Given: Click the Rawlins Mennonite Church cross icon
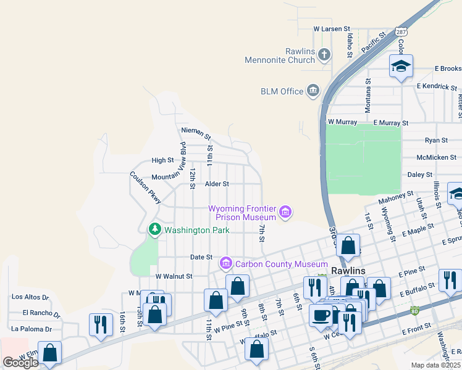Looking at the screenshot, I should click(324, 55).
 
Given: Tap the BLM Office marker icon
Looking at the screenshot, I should click(313, 91).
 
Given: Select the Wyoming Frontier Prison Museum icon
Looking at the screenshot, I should click(285, 213).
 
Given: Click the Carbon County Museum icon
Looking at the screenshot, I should click(226, 264).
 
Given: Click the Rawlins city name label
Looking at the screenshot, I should click(348, 271).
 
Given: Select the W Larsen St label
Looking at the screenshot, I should click(332, 29).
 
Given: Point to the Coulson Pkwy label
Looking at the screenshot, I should click(146, 187).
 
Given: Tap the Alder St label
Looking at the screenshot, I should click(217, 184).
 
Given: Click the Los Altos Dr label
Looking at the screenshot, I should click(30, 297).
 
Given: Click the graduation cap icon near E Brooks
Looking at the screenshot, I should click(401, 66).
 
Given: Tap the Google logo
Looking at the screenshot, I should click(20, 363).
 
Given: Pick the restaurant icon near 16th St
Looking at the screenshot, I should click(101, 324).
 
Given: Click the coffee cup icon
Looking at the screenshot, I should click(321, 315).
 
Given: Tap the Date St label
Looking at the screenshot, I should click(201, 257).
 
